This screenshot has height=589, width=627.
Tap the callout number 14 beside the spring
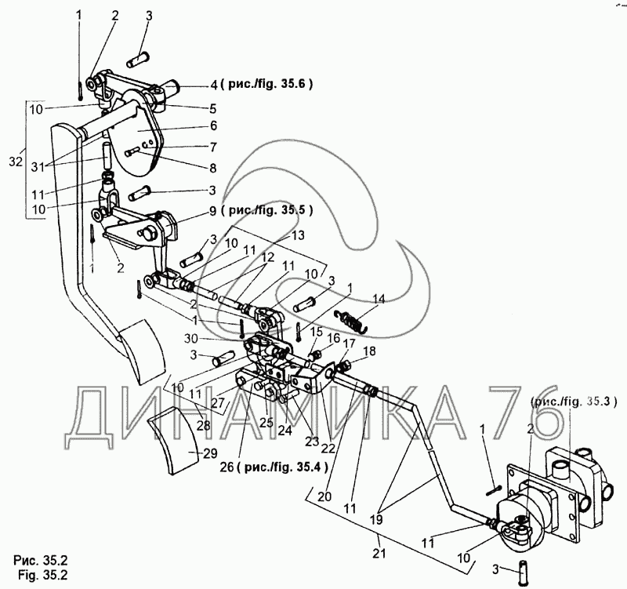379,298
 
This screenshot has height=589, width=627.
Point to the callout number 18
369,351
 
